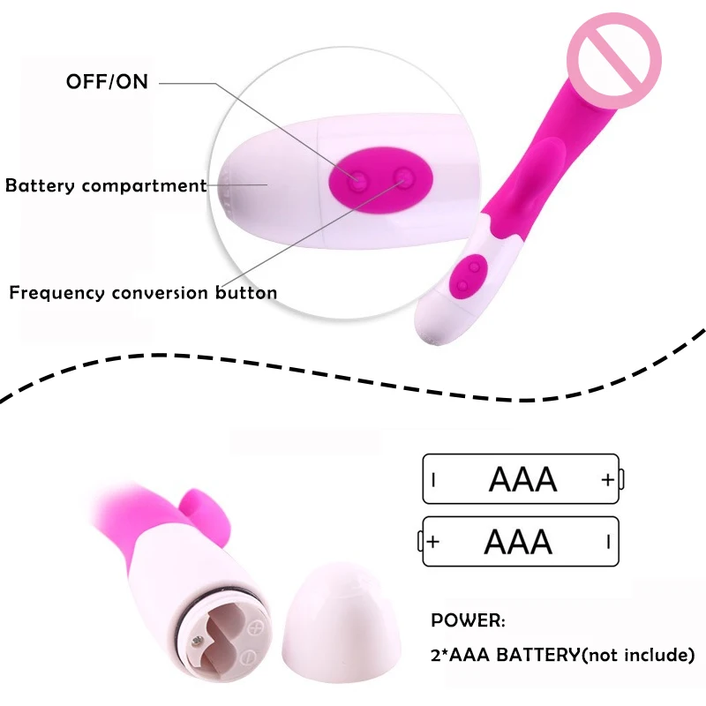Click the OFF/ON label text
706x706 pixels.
tap(107, 82)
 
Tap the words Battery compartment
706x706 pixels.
tap(106, 185)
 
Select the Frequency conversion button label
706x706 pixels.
tap(143, 293)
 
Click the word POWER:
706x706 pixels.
tap(468, 620)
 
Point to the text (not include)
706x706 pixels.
tap(638, 655)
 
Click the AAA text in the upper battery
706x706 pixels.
tap(522, 479)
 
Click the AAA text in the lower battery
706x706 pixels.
tap(518, 542)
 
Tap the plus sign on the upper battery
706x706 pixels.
tap(608, 480)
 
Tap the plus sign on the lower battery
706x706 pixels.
tap(432, 542)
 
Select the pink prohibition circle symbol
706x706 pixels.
tap(613, 60)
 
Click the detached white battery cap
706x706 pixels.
tap(340, 624)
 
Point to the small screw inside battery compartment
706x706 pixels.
tap(197, 641)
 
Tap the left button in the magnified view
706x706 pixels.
tap(358, 182)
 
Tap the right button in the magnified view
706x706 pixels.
tap(403, 177)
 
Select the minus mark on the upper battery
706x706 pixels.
tap(433, 480)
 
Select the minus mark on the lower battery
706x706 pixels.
tap(608, 542)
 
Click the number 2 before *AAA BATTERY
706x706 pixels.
tap(436, 655)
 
